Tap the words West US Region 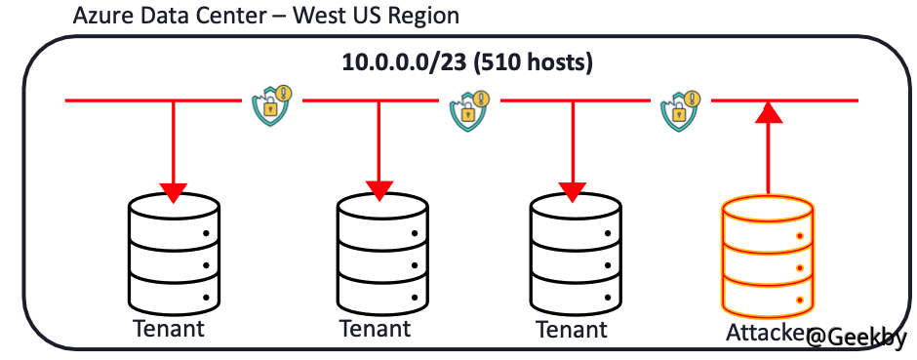[376, 17]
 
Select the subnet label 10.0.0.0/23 [400, 62]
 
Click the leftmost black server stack [174, 252]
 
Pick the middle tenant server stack [380, 252]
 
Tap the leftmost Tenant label [169, 328]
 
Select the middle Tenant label [376, 328]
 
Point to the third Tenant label [573, 328]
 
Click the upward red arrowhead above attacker [769, 113]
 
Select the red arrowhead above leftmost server [174, 191]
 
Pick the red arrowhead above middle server [379, 189]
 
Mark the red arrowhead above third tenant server [573, 189]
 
